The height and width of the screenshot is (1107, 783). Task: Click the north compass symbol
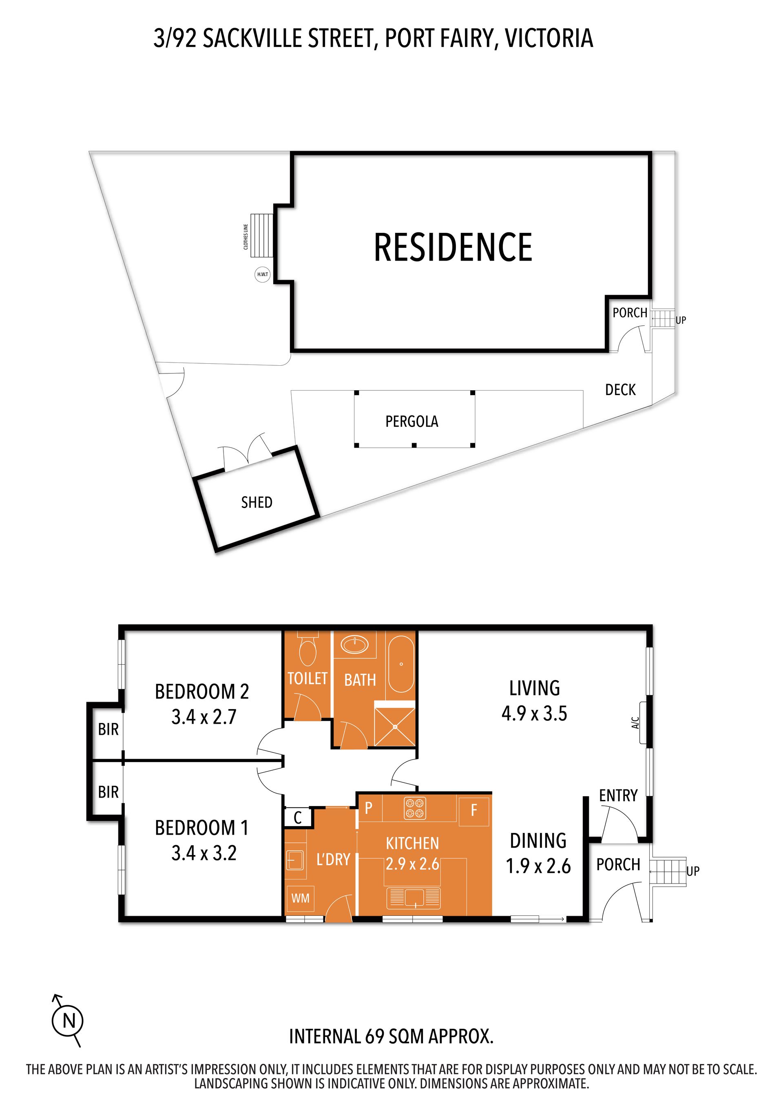[x=68, y=1020]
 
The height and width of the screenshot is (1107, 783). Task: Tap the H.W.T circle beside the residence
[x=262, y=274]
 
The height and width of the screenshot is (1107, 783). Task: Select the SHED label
[x=257, y=502]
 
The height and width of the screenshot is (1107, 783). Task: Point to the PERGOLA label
[x=412, y=421]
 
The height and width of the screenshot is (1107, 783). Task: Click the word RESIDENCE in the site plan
[x=453, y=247]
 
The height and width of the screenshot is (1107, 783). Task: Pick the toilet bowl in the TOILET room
[x=307, y=650]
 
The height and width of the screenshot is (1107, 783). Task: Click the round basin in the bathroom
[x=355, y=644]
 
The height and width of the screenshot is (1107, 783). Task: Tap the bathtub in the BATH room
[x=401, y=664]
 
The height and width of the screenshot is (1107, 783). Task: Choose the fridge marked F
[x=473, y=811]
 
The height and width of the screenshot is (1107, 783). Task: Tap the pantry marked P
[x=369, y=808]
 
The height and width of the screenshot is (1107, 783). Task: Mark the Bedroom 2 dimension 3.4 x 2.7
[x=204, y=717]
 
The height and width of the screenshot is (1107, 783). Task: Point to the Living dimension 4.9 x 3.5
[x=534, y=713]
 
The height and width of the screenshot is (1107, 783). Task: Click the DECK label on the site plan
[x=621, y=389]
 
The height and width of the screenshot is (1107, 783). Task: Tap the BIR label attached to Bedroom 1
[x=108, y=792]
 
